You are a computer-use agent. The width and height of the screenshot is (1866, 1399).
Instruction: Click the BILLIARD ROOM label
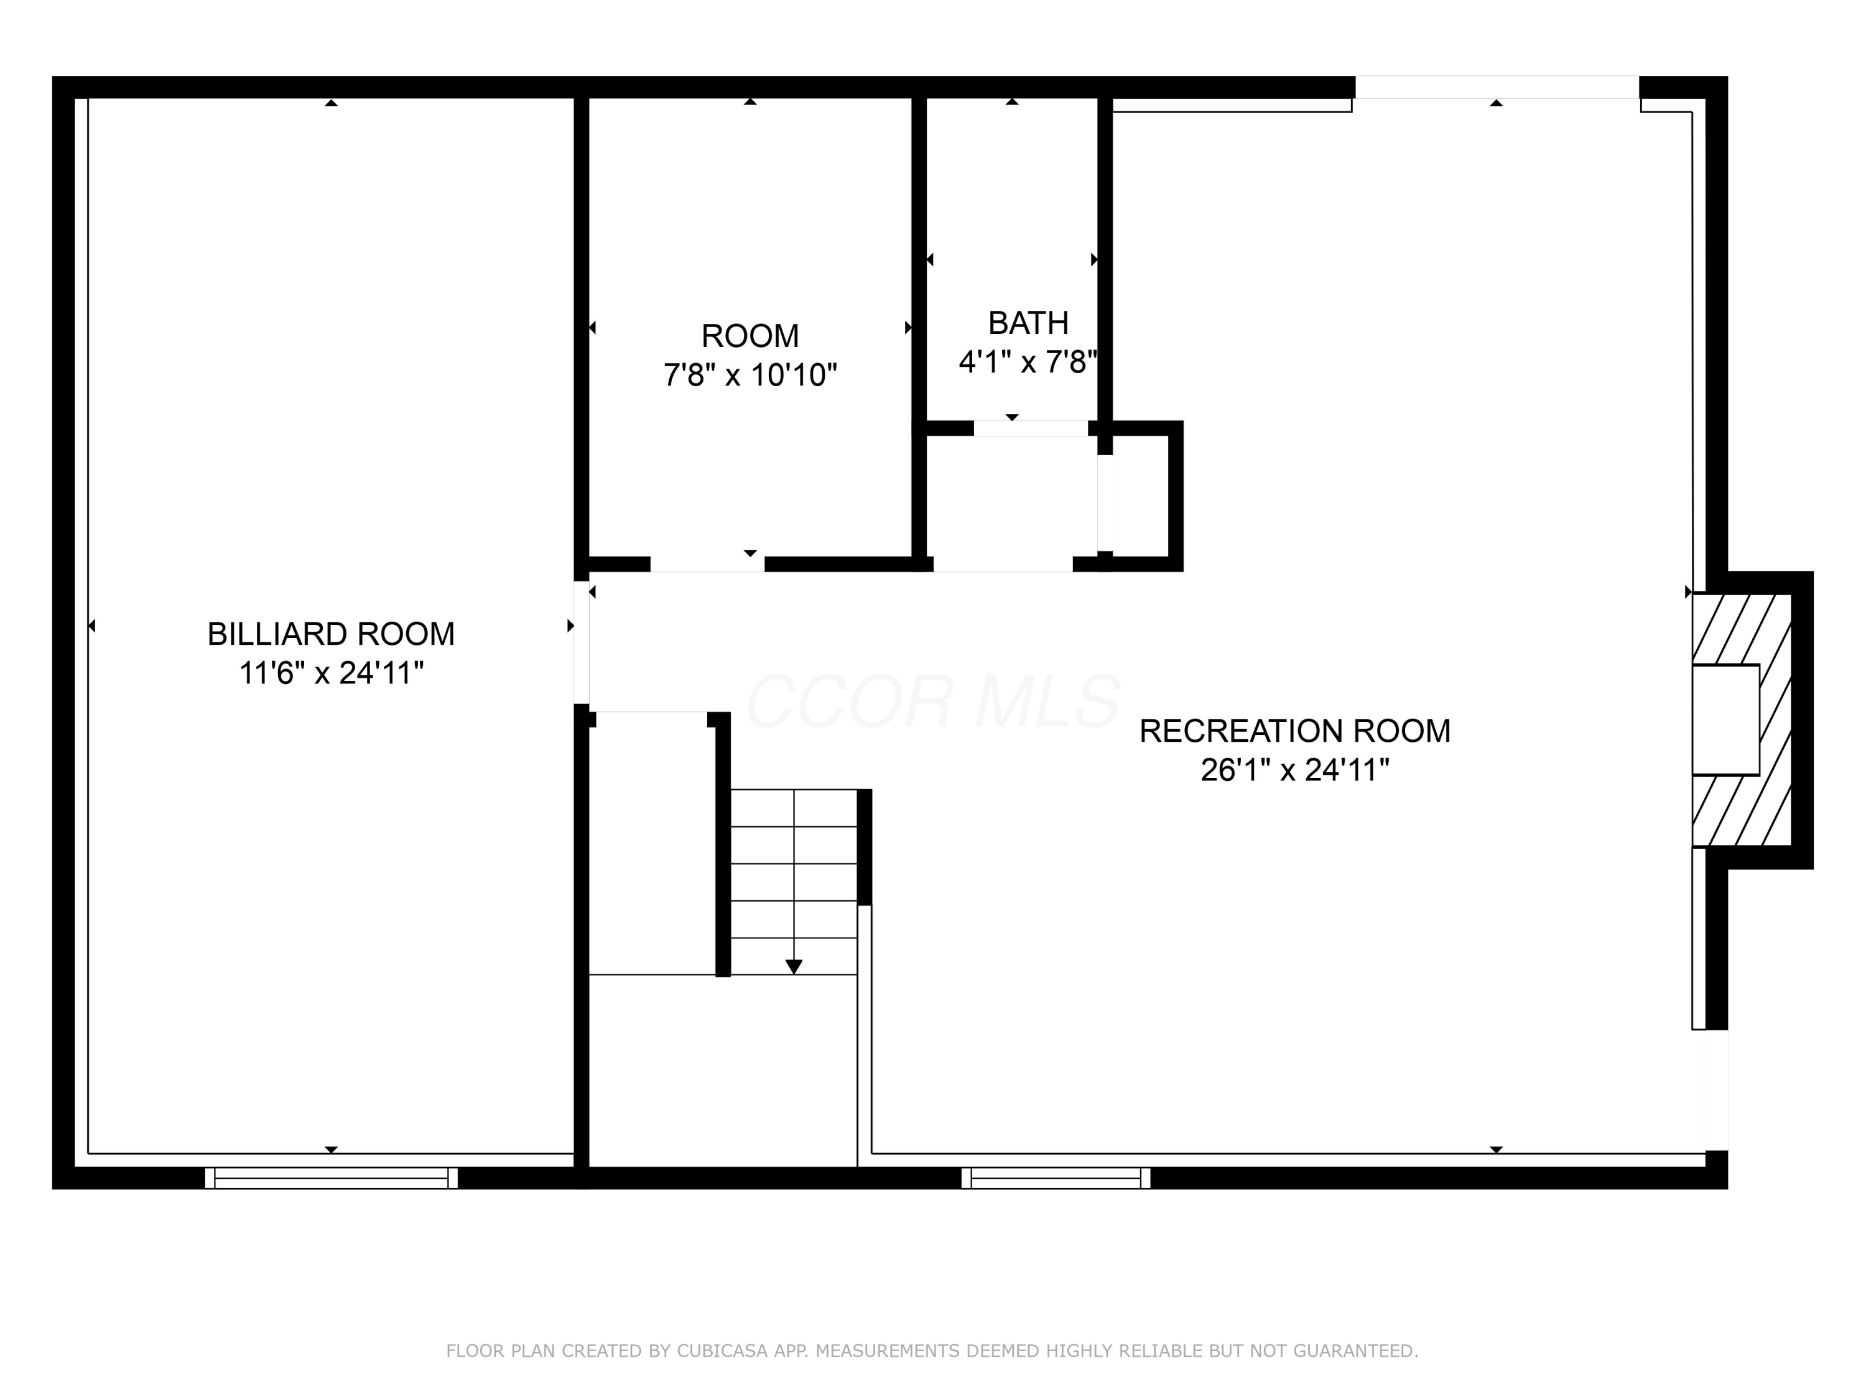[331, 634]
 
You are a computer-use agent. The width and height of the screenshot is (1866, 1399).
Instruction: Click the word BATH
[1028, 323]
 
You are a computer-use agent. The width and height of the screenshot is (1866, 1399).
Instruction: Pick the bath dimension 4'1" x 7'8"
[1028, 362]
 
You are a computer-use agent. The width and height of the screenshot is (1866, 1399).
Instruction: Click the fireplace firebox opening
[1725, 719]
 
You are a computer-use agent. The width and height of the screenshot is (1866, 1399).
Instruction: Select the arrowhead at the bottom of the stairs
[793, 966]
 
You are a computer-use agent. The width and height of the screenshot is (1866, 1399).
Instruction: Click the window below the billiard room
[331, 1178]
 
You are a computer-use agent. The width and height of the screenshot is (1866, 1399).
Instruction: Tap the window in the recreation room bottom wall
[1056, 1178]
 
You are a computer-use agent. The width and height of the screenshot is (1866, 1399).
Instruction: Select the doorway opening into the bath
[1030, 428]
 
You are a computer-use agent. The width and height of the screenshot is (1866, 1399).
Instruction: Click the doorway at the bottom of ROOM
[707, 564]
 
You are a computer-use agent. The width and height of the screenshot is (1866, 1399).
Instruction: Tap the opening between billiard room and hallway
[581, 642]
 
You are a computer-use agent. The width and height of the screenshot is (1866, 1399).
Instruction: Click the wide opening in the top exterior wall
[1497, 88]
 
